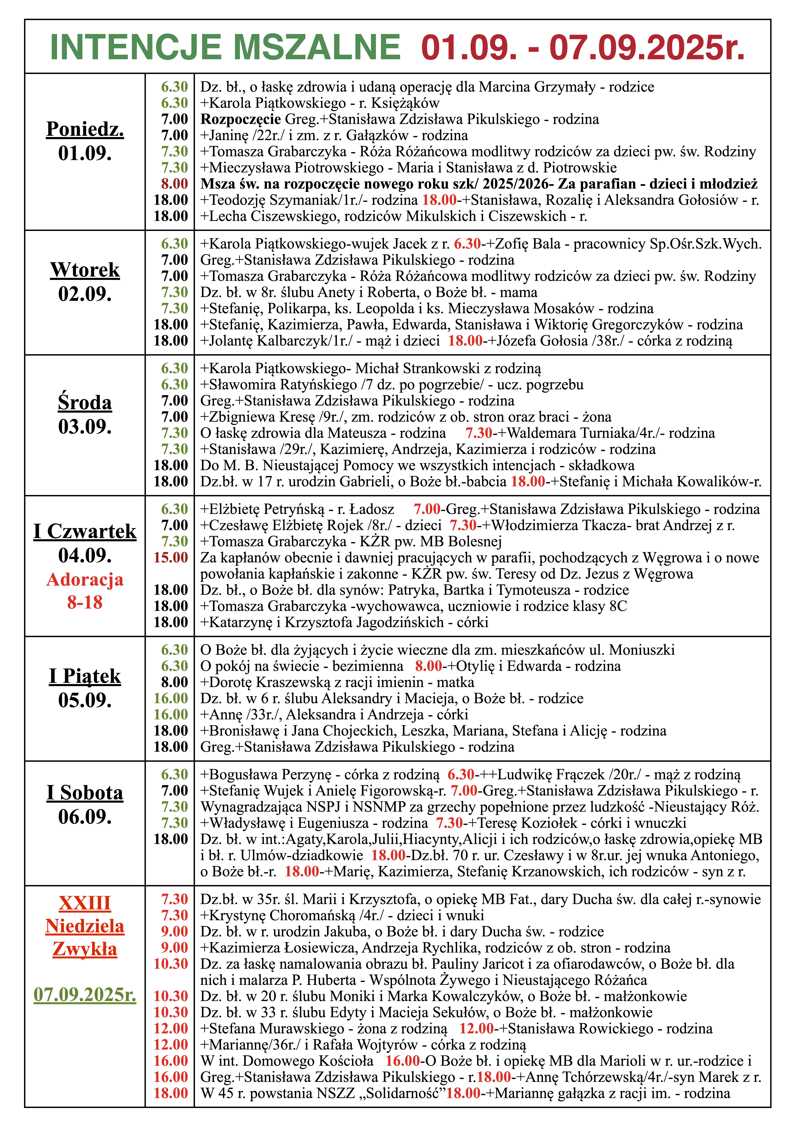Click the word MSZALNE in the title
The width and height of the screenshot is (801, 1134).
(316, 48)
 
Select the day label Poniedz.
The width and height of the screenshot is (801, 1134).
(85, 129)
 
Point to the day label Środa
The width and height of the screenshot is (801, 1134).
(85, 403)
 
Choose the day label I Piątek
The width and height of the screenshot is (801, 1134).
(85, 676)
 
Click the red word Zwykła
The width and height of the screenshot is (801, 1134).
(85, 949)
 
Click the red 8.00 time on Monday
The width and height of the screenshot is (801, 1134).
(174, 184)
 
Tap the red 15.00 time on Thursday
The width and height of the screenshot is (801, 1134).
(171, 558)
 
